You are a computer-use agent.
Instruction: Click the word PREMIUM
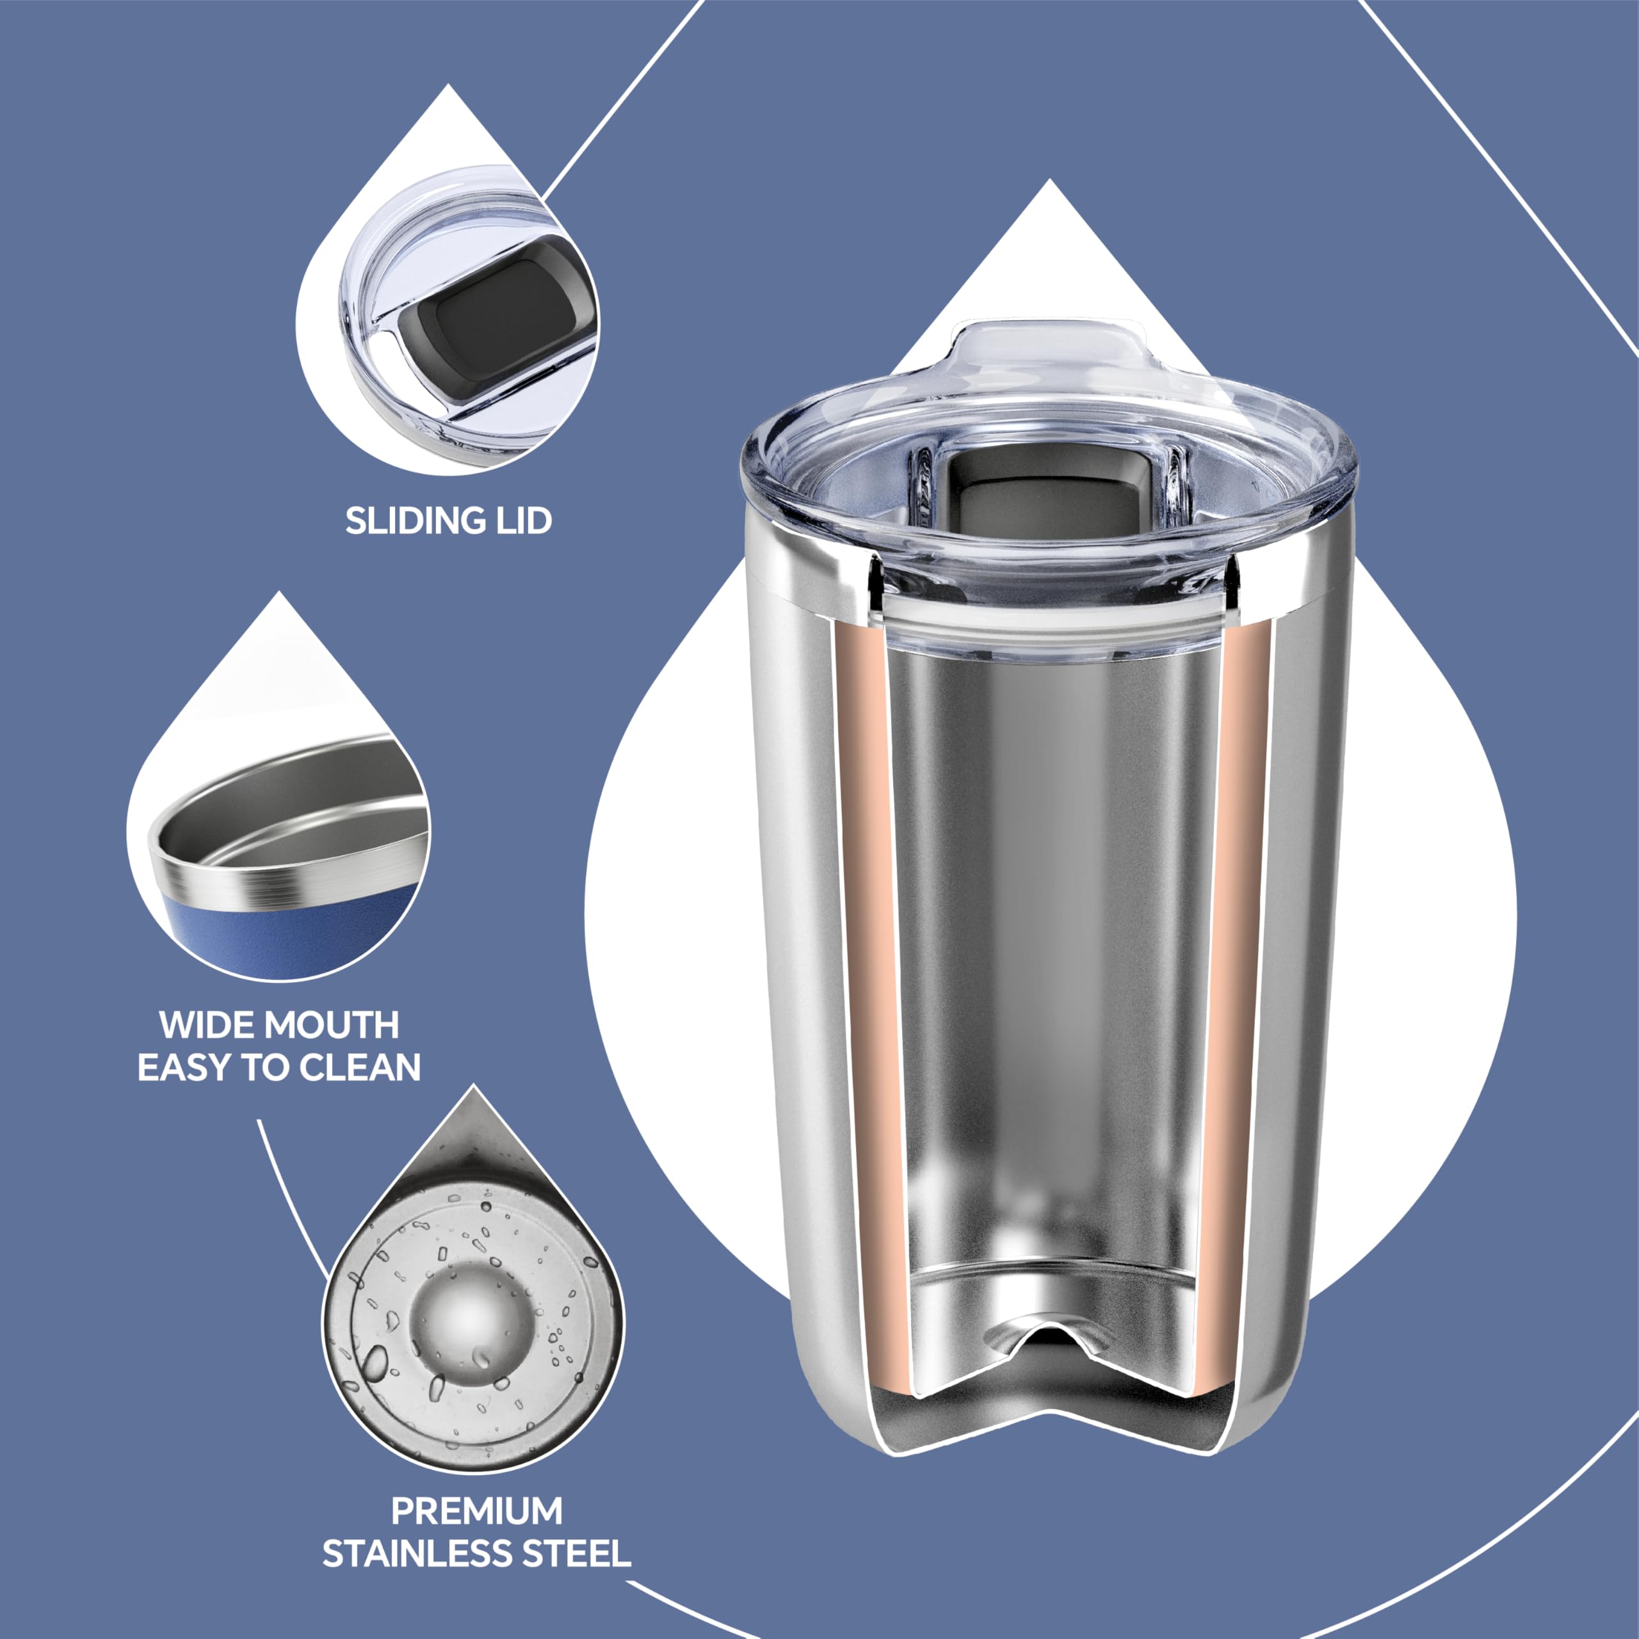[x=477, y=1511]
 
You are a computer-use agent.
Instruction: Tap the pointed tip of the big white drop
[x=1050, y=182]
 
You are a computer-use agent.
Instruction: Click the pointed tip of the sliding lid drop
[x=448, y=86]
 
